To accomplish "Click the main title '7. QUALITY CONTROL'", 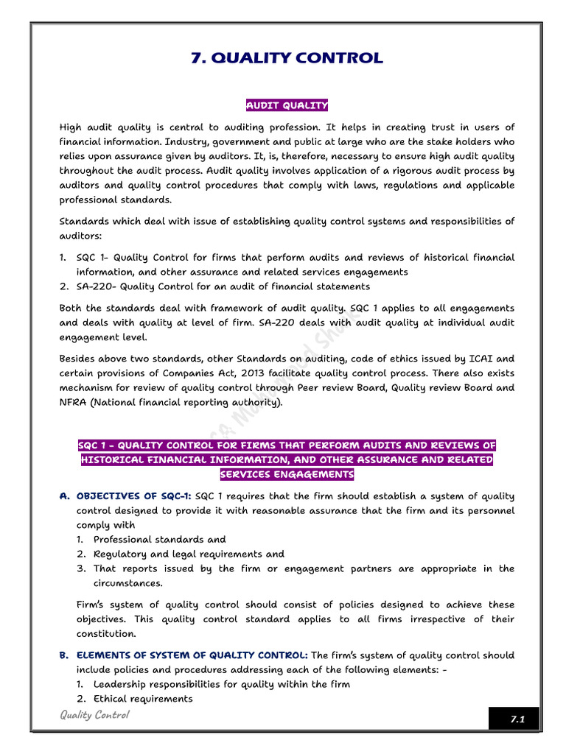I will click(287, 58).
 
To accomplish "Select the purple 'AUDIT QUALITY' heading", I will click(287, 105).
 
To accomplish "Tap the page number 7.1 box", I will click(514, 719).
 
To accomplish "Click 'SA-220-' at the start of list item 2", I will click(97, 286).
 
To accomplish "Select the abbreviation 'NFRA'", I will click(73, 402).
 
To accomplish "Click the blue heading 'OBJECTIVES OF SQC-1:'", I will click(133, 496).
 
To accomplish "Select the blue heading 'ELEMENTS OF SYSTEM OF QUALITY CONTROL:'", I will click(192, 655).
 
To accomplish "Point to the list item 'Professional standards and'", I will click(159, 540).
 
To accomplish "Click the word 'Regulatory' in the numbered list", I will click(120, 554).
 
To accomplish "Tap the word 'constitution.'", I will click(106, 633).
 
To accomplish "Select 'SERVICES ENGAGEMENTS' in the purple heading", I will click(287, 474).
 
